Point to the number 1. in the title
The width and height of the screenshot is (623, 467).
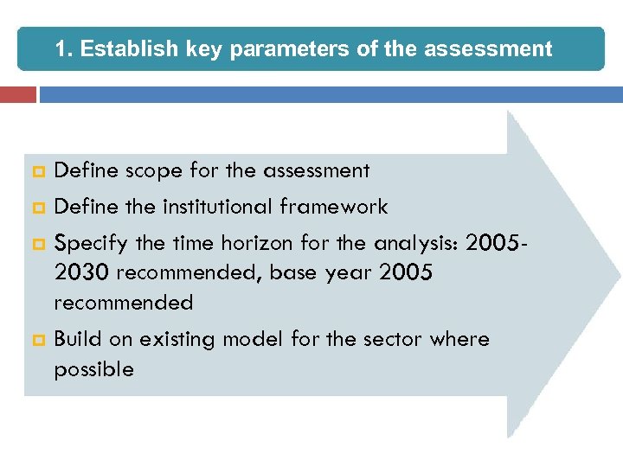click(66, 48)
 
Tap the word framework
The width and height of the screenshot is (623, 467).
click(334, 207)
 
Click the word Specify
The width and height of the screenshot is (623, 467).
click(86, 242)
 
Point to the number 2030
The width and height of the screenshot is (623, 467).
click(81, 273)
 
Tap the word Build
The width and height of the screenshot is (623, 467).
click(77, 339)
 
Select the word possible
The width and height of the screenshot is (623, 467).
click(93, 370)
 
